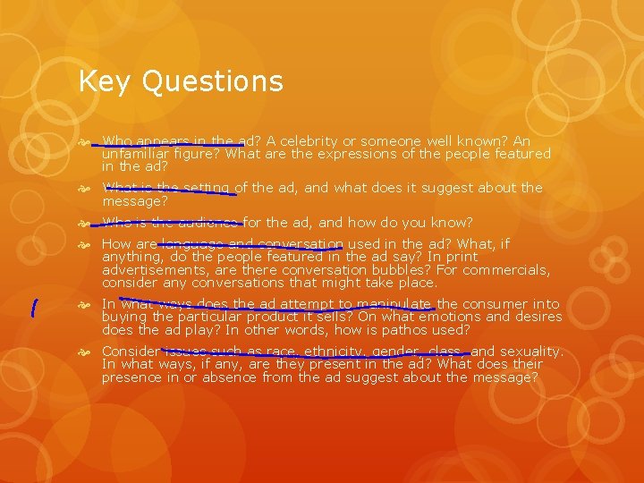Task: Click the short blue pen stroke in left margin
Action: click(x=33, y=309)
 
